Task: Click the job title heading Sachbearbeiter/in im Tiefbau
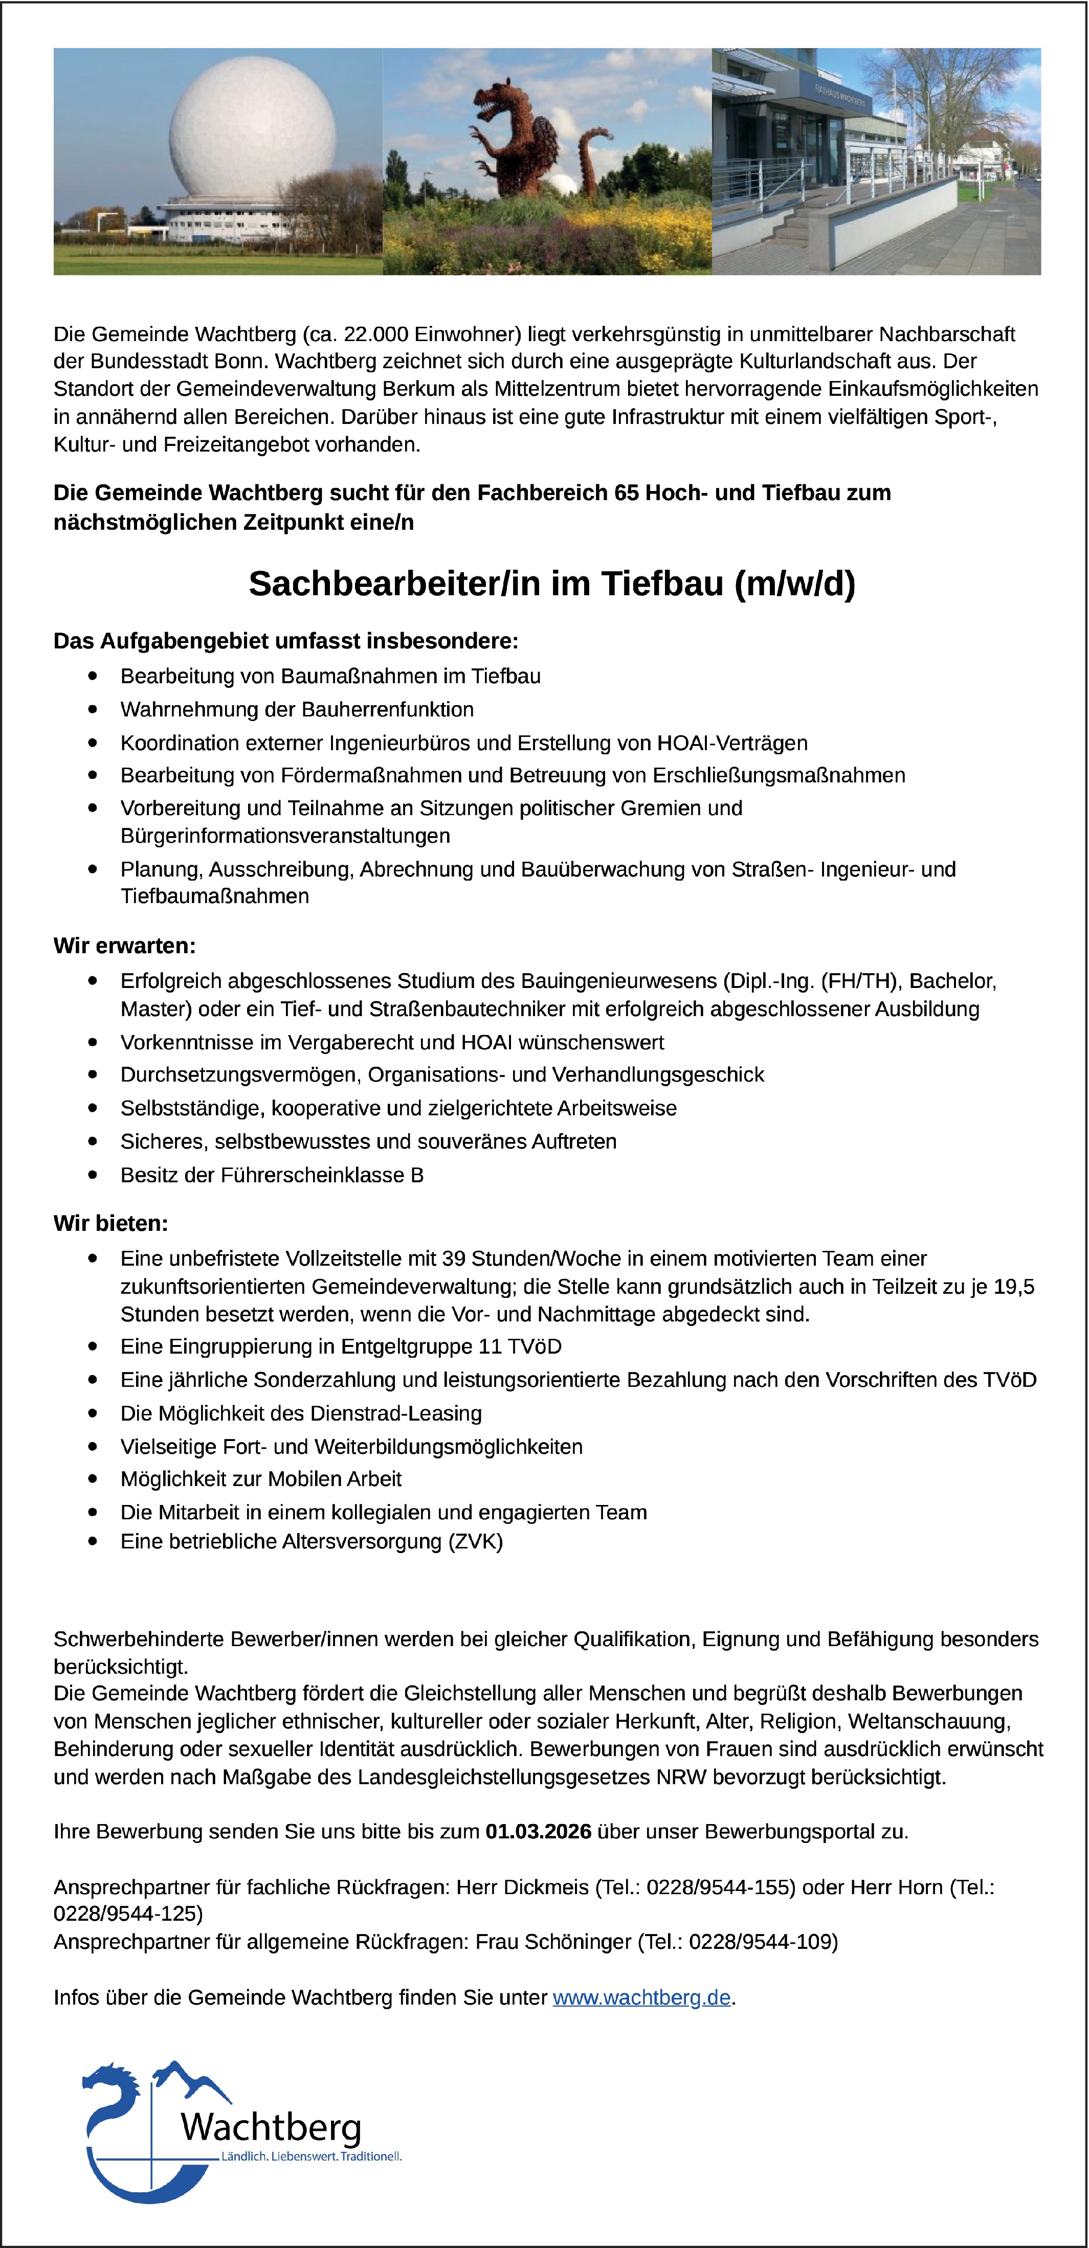tap(551, 584)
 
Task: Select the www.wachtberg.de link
tap(641, 1997)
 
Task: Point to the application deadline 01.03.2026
tap(539, 1831)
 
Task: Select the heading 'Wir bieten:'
tap(111, 1224)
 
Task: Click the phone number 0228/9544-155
tap(719, 1887)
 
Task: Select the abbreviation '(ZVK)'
tap(476, 1542)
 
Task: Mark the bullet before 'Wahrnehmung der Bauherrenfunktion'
tap(93, 709)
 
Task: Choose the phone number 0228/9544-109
tap(763, 1942)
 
